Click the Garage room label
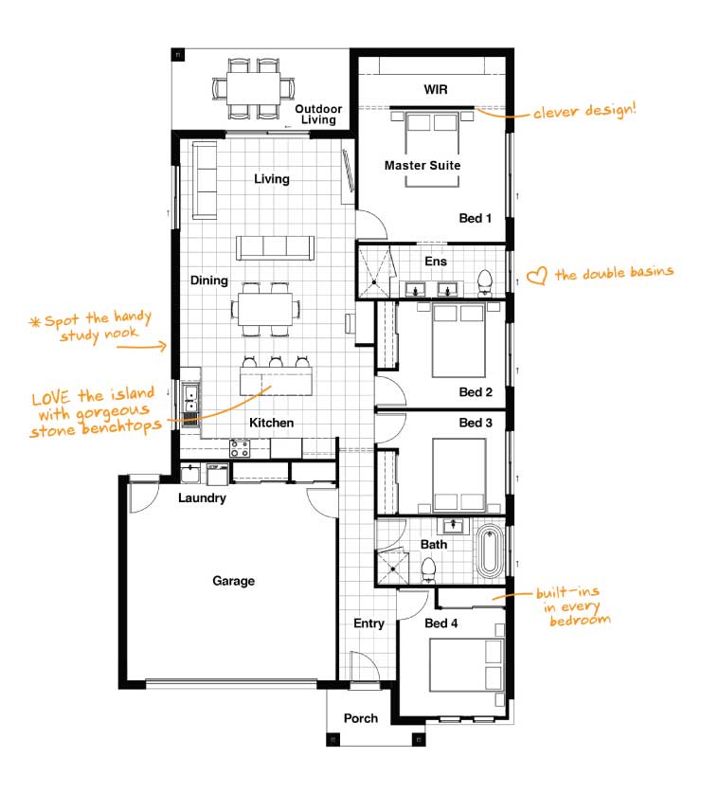233,581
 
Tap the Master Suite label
422,165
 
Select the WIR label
436,90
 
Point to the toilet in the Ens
485,282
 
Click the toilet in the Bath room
429,570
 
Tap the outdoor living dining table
254,88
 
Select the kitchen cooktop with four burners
240,449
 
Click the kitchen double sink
190,399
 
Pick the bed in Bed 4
466,664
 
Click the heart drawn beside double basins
537,276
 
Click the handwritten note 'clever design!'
584,111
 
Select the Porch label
360,718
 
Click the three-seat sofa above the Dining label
275,248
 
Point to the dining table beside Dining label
265,309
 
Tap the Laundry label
202,497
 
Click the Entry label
368,623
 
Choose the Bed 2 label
475,392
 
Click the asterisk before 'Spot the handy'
34,322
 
